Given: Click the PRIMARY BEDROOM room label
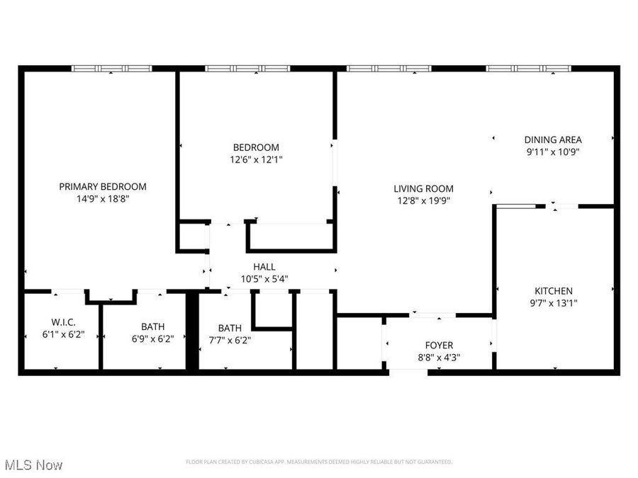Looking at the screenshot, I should (103, 187).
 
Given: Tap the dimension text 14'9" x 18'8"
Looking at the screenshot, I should (103, 199).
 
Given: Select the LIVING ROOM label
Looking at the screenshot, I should (424, 188).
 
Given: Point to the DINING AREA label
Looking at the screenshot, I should (553, 140).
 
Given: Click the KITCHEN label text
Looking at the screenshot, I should (553, 291).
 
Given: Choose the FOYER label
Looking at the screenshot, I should (439, 345).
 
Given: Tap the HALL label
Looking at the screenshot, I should (264, 267).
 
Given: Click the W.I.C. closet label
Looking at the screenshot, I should (63, 321).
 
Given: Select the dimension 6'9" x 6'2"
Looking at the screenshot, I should (152, 338).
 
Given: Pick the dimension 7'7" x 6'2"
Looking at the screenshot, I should (230, 339).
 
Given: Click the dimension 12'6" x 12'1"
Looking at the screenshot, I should (256, 159).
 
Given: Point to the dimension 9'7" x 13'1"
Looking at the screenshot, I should (553, 303).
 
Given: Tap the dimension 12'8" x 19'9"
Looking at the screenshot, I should (424, 200).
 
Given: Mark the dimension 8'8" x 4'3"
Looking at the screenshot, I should (439, 357).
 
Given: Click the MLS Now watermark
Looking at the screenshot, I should (33, 465).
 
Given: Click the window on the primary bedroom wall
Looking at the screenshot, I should (112, 69).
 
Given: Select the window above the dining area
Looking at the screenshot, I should (528, 69).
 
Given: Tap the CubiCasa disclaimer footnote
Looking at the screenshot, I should (318, 462).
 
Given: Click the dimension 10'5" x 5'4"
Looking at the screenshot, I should (264, 278).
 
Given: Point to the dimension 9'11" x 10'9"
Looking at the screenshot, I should (553, 152).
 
